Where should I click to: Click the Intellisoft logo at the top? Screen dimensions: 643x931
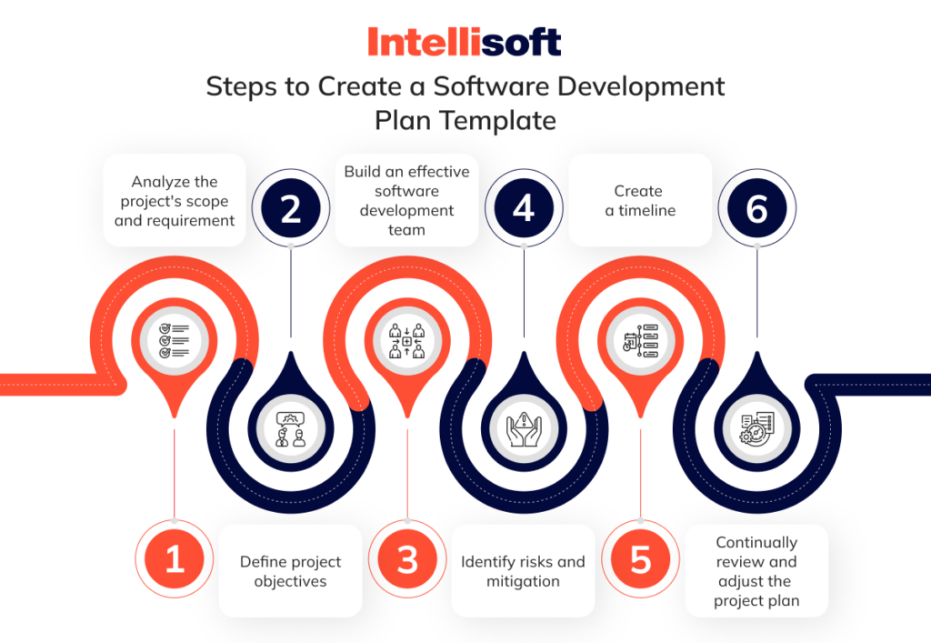coord(465,42)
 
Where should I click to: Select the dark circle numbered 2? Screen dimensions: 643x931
coord(290,210)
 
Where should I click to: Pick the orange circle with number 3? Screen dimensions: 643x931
coord(407,559)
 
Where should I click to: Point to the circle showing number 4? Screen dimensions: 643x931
coord(524,210)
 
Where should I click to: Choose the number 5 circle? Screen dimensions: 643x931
coord(641,559)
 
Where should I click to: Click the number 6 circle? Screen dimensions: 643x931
coord(756,210)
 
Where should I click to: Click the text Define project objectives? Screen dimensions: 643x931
coord(291,571)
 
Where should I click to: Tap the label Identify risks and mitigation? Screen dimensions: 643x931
coord(523,571)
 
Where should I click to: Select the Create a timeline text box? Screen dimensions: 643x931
coord(639,200)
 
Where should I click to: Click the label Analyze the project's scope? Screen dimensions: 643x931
coord(175,201)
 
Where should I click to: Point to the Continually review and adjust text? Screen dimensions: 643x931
coord(756,571)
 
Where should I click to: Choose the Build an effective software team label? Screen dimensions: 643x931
coord(406,200)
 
